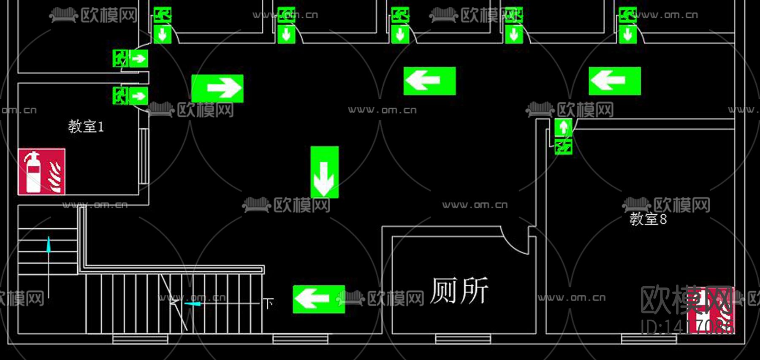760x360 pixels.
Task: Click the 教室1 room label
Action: (86, 126)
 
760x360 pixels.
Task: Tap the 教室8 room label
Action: (648, 219)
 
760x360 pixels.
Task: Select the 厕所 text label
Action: (459, 291)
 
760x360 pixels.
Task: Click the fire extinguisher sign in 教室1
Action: (41, 171)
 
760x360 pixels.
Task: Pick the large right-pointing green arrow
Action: (217, 88)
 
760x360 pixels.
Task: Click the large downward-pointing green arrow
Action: (324, 172)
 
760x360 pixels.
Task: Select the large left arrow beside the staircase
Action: (319, 299)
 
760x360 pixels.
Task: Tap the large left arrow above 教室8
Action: (615, 81)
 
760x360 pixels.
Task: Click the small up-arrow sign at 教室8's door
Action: (563, 127)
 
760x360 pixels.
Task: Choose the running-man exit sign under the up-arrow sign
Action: (563, 146)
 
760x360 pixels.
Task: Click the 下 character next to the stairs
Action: (269, 303)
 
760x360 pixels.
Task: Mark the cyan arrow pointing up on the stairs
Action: (49, 245)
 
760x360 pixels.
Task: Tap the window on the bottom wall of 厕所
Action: (463, 338)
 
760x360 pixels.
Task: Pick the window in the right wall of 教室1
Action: (144, 156)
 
